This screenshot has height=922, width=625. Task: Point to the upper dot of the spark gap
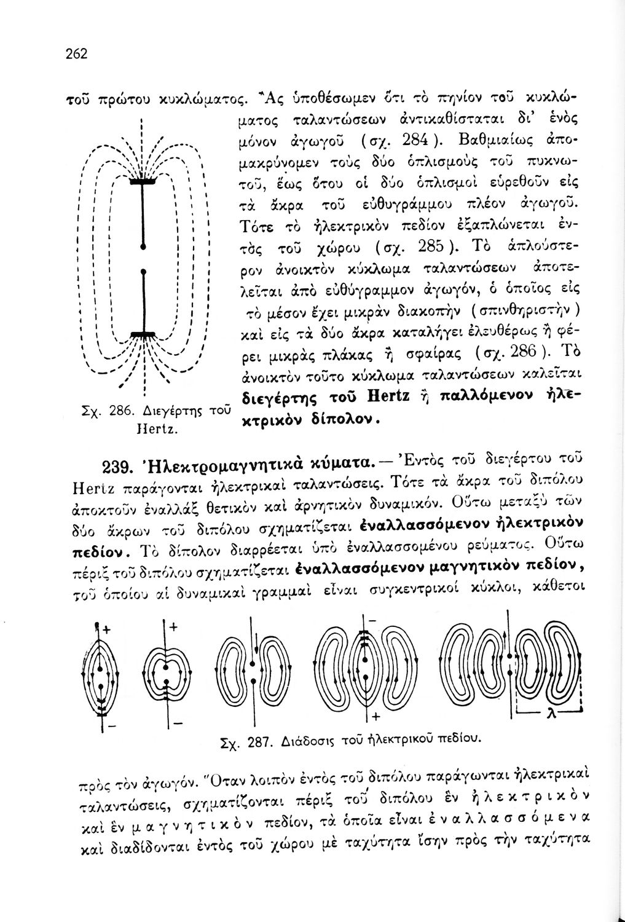click(143, 245)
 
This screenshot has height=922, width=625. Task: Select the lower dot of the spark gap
click(143, 270)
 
